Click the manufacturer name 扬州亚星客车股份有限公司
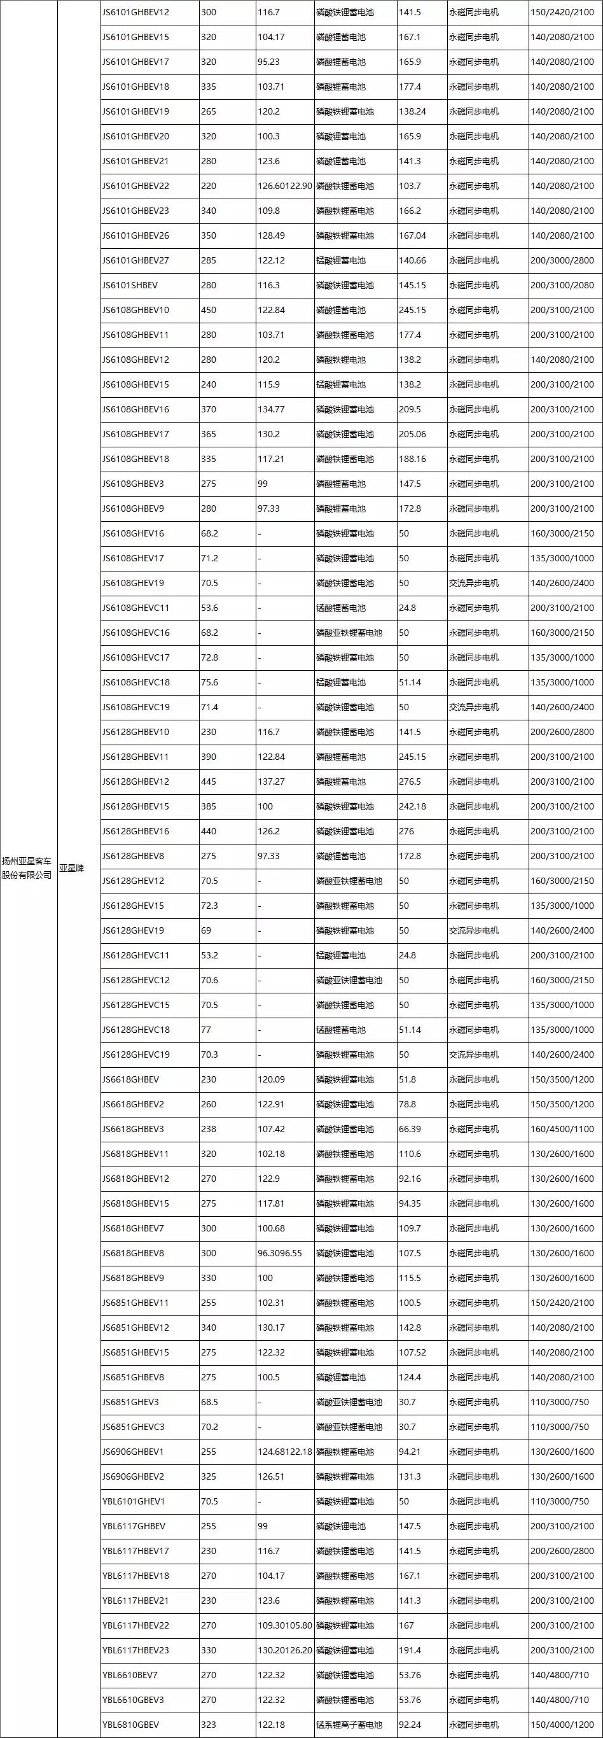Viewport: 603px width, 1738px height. tap(27, 867)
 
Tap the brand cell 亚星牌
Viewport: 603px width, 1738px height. tap(71, 867)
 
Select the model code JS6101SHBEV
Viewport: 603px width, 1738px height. tap(130, 285)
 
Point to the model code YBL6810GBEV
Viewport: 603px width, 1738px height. tap(131, 1725)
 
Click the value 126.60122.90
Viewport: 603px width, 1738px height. tap(284, 186)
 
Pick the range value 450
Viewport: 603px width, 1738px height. tap(209, 311)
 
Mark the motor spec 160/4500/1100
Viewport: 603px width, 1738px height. tap(562, 1129)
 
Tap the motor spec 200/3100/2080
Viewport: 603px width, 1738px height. tap(562, 285)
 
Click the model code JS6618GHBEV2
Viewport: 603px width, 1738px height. tap(133, 1104)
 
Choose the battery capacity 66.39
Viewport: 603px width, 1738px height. tap(410, 1129)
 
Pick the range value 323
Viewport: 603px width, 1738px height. tap(209, 1725)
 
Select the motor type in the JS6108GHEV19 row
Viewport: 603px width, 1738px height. tap(474, 583)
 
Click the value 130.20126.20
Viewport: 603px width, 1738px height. tap(284, 1650)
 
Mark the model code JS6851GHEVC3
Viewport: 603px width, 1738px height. tap(134, 1427)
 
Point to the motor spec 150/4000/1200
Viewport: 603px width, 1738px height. tap(562, 1725)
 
